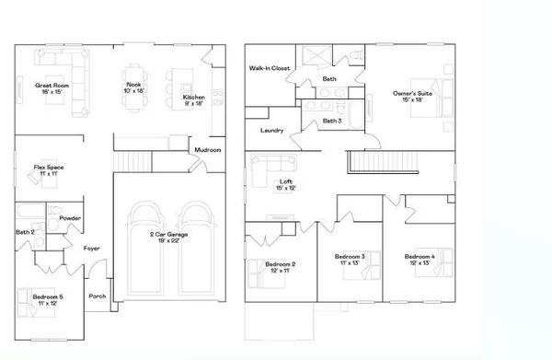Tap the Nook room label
point(134,86)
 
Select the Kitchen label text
point(192,97)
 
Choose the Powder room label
point(70,218)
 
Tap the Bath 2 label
point(26,232)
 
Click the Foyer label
point(92,248)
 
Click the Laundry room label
point(271,131)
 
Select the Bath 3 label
point(332,121)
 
